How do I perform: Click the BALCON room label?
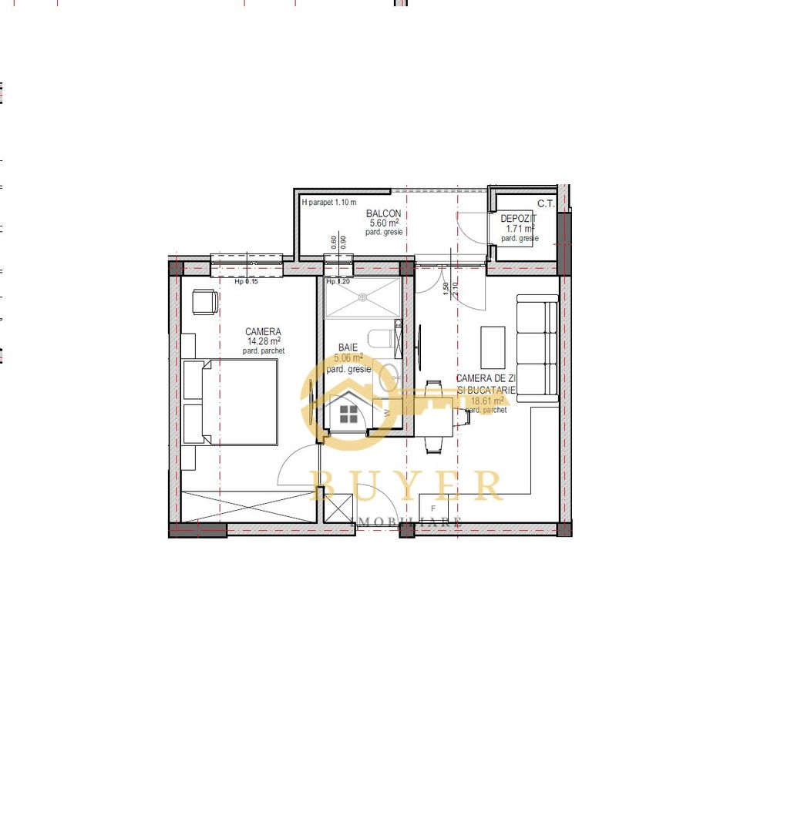tap(383, 213)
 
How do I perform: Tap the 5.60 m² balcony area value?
tap(382, 223)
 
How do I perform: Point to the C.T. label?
tap(546, 204)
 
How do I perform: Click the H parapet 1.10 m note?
tap(329, 203)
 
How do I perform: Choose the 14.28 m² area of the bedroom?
tap(263, 341)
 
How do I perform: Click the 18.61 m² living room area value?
tap(486, 401)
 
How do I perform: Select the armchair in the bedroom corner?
tap(204, 301)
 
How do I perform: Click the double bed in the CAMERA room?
tap(239, 401)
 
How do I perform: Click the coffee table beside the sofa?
tap(493, 347)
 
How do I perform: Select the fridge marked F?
tap(434, 509)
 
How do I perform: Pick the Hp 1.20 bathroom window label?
tap(339, 282)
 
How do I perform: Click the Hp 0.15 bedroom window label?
tap(247, 282)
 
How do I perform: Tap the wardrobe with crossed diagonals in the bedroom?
tap(249, 506)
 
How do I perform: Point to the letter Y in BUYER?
tap(412, 485)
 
